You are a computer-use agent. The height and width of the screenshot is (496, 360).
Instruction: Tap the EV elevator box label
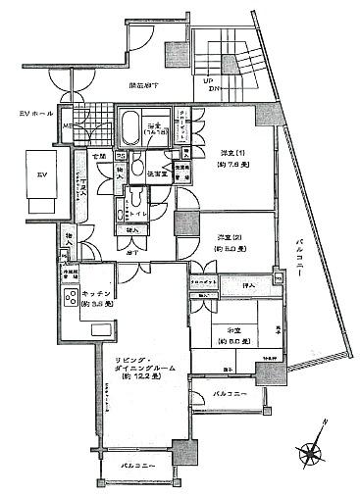[42, 174]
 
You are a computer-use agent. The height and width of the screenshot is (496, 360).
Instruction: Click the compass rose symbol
[312, 453]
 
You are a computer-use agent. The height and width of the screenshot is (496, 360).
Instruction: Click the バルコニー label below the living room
[130, 466]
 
